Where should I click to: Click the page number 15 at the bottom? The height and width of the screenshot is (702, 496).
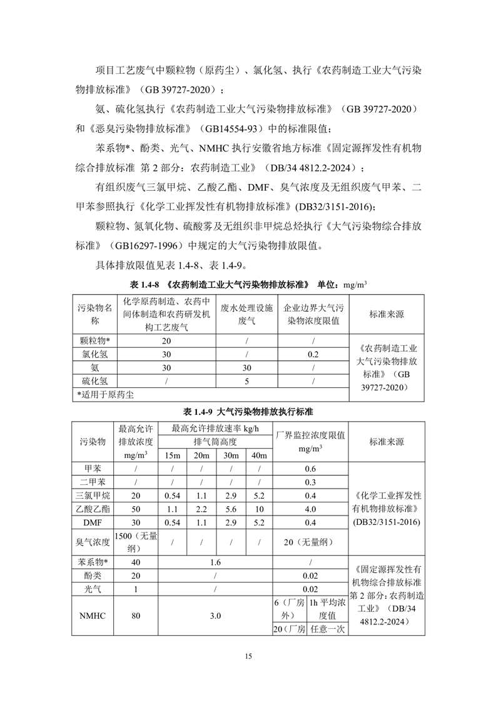click(248, 656)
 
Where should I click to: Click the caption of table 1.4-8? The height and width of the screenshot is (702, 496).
click(248, 283)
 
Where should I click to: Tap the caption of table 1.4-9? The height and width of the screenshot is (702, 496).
click(248, 412)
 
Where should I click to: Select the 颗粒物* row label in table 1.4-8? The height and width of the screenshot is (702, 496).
click(95, 341)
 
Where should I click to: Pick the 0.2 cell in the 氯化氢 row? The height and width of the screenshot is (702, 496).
click(313, 354)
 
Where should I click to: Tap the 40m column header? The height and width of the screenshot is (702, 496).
click(259, 455)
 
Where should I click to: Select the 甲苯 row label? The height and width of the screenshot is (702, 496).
click(95, 469)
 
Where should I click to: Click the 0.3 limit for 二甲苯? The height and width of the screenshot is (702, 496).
click(310, 482)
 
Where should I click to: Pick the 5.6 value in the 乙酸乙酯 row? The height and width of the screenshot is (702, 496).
click(230, 509)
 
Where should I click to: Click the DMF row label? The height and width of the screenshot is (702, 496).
click(95, 522)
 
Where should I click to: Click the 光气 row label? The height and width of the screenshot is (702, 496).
click(95, 589)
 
